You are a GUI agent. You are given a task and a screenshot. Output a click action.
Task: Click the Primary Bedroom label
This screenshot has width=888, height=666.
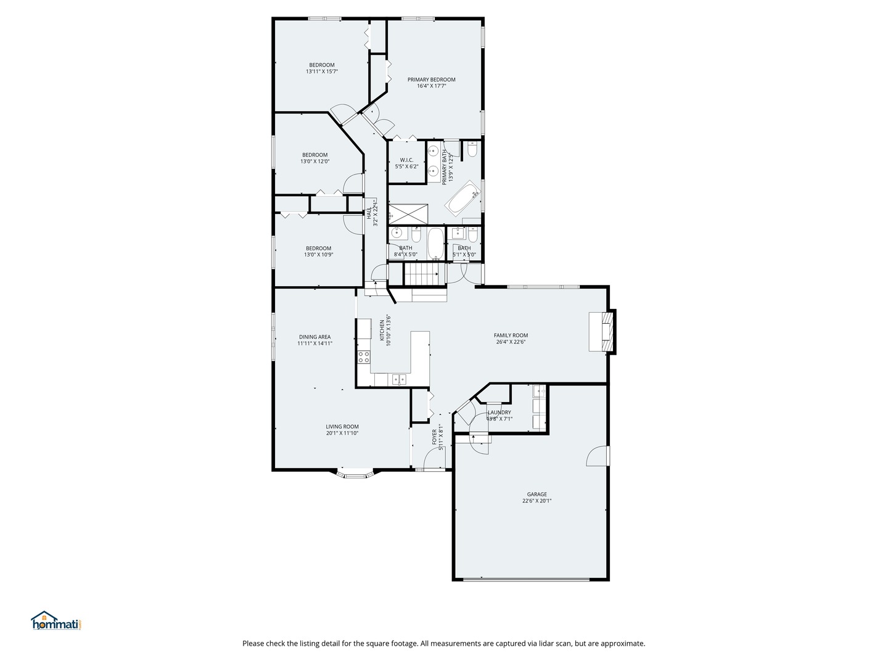(431, 80)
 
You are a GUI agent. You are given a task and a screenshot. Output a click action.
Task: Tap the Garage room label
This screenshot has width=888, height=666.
(536, 494)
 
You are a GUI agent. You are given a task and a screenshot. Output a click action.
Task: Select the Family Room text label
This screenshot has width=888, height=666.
(511, 335)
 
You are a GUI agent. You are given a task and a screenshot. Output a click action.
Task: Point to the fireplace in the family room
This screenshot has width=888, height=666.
(601, 332)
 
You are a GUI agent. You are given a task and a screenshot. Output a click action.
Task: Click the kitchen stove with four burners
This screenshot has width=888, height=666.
(364, 356)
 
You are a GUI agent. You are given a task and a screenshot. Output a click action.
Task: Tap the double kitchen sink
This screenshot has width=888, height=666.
(398, 379)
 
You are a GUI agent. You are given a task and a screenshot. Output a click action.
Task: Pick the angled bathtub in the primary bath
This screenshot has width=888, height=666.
(463, 199)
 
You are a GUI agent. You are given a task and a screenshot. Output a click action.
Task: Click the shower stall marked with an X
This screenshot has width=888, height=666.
(408, 214)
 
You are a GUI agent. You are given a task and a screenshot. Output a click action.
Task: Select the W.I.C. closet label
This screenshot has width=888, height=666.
(406, 160)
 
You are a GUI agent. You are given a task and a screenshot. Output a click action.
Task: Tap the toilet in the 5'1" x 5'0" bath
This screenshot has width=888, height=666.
(472, 235)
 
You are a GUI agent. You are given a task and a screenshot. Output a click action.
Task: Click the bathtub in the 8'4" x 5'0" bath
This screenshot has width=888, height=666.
(435, 244)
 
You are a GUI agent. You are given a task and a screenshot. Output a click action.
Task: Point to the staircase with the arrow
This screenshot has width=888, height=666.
(423, 273)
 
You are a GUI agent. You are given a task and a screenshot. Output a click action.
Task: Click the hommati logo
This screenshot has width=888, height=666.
(57, 621)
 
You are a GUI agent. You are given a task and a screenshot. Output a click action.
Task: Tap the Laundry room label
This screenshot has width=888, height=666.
(499, 413)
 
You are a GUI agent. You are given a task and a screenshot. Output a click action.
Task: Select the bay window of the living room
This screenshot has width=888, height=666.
(355, 474)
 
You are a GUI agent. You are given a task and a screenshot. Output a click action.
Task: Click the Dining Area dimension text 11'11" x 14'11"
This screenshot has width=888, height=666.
(314, 343)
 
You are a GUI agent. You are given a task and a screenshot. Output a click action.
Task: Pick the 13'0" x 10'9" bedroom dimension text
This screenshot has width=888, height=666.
(318, 255)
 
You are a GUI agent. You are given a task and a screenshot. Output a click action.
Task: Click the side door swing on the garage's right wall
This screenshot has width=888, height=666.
(597, 456)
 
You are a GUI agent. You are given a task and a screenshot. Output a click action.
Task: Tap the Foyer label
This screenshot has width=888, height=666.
(434, 437)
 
